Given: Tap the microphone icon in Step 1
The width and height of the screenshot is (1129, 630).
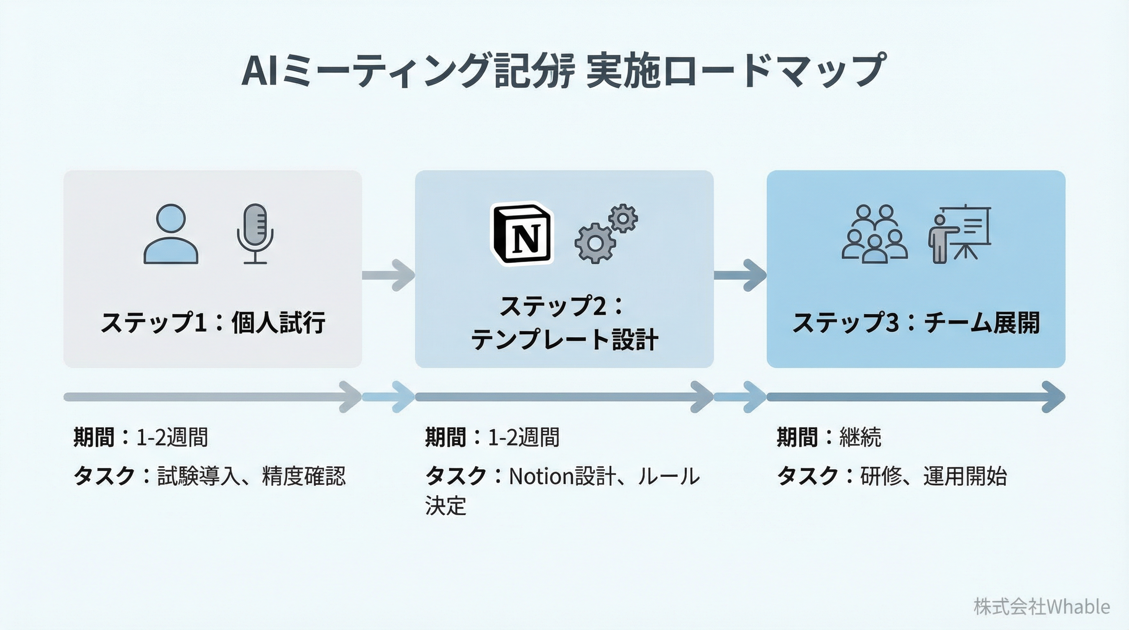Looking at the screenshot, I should pos(255,233).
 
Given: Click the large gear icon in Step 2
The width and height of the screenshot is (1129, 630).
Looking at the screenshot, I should pos(595,243).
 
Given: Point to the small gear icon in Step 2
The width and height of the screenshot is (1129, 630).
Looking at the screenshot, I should pos(623,218).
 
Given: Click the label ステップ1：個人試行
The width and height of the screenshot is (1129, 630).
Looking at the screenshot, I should pos(213,323).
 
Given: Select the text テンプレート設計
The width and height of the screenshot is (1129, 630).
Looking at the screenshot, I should pos(564,340).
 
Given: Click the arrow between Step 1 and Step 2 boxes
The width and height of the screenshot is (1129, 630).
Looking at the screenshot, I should pos(390,275).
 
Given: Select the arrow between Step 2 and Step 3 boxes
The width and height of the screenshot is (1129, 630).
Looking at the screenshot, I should pos(740,275).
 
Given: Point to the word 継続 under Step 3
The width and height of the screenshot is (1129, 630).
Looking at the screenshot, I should pos(860,437).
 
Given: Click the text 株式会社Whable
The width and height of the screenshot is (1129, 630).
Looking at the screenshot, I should pos(1041,607).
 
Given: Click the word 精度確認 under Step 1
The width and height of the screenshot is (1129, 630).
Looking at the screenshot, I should pos(304,476).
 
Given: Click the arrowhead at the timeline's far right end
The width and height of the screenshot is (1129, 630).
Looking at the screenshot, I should pos(1054,397).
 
